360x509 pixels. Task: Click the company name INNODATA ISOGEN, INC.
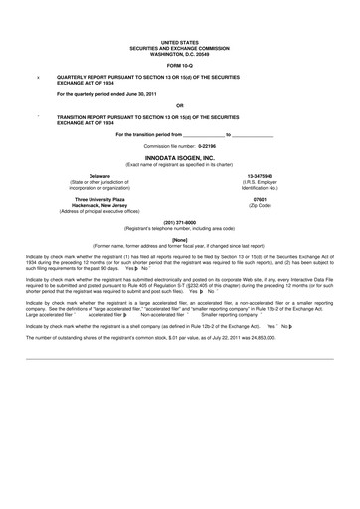[x=180, y=158]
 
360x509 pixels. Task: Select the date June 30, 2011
[x=145, y=93]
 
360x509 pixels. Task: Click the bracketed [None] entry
[x=180, y=239]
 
